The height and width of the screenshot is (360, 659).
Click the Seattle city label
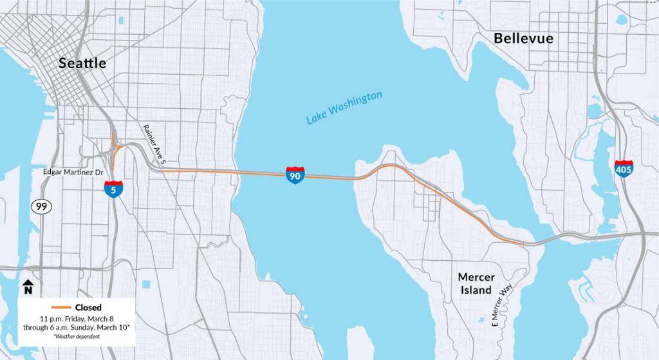tap(82, 63)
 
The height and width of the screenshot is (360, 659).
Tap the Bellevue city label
tap(523, 39)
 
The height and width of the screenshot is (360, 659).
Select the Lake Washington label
tap(344, 108)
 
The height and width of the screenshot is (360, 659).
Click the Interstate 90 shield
tap(295, 175)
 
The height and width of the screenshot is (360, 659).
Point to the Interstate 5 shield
tap(113, 189)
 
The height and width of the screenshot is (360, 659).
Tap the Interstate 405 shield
tap(623, 169)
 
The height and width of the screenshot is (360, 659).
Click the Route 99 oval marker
tap(42, 206)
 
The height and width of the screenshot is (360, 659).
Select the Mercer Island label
tap(476, 283)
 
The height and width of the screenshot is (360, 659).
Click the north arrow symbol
tap(28, 285)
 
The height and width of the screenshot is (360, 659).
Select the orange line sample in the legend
tap(60, 308)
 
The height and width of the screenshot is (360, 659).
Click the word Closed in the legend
tap(88, 308)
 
